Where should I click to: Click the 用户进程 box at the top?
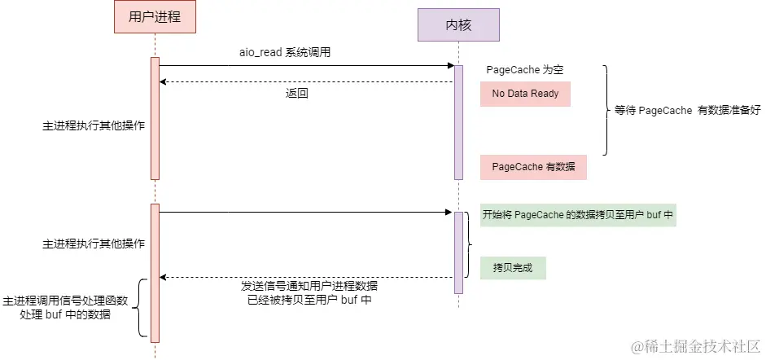pos(155,17)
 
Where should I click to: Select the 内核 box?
pos(458,24)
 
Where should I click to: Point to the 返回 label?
pos(296,93)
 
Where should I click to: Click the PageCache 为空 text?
pos(524,70)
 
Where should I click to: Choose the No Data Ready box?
pos(525,94)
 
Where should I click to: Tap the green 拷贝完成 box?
pos(512,267)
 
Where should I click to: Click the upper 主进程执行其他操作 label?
pos(94,126)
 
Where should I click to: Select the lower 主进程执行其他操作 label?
pos(94,244)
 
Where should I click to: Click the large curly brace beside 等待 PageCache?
pos(606,110)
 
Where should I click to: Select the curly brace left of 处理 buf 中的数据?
pos(142,308)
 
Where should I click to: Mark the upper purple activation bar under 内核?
pos(458,122)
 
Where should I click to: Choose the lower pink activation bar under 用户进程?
pos(155,273)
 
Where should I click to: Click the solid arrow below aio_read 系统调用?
pos(305,65)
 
